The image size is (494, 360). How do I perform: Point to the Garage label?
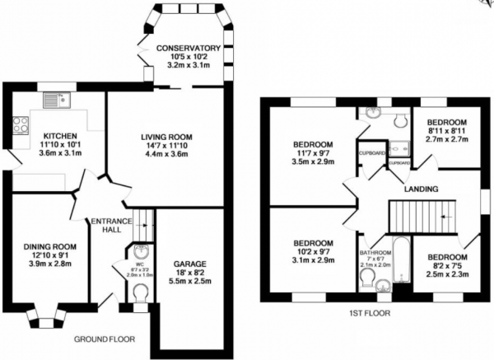coord(189,241)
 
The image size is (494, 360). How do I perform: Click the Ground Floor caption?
coord(104,339)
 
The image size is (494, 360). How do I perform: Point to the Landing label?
coord(421,189)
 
